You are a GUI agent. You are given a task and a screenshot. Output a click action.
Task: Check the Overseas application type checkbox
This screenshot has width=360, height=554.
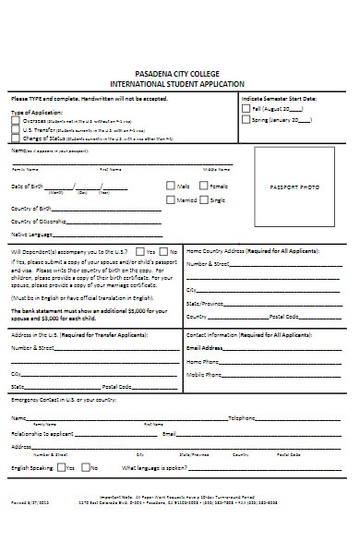15,121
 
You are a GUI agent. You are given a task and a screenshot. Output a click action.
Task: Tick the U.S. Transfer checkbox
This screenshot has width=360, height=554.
15,130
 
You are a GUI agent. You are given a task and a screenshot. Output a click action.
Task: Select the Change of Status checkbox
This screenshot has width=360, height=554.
15,138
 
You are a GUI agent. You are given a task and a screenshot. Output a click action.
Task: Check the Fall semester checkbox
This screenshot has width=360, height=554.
245,107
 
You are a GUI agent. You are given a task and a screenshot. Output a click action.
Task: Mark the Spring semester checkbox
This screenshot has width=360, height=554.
245,119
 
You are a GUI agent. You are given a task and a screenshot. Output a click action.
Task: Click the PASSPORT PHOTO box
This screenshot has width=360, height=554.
294,187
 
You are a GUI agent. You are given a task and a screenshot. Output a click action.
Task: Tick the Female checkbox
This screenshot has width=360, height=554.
204,186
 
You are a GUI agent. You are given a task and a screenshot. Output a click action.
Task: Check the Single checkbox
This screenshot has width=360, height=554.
204,199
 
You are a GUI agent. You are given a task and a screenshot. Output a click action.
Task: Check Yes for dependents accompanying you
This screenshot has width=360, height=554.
138,251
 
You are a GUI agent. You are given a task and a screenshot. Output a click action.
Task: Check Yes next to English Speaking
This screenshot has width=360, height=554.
61,468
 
